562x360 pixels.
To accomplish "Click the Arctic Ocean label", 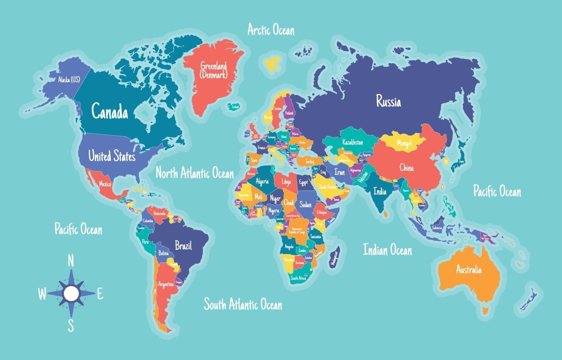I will click(271, 30).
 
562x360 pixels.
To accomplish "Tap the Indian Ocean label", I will click(387, 250).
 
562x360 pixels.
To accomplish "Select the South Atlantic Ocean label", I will click(243, 304).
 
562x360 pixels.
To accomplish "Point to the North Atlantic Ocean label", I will click(195, 173).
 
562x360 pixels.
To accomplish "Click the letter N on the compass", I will click(71, 261).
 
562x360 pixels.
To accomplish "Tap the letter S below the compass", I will click(71, 325).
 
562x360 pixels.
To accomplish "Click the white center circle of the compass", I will click(71, 293).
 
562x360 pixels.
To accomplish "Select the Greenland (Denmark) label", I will click(214, 71).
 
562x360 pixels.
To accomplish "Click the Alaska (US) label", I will click(69, 79).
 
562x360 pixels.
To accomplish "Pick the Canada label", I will click(109, 111).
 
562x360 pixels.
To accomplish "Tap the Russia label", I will click(388, 101).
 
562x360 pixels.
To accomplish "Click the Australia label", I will click(468, 270).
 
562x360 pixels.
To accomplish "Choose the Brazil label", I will click(183, 245).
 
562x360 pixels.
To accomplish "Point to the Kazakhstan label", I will click(352, 142).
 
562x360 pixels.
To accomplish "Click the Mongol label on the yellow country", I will click(404, 143).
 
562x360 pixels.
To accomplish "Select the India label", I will click(380, 191).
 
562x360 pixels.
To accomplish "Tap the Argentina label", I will click(166, 284).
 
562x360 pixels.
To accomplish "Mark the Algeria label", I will click(262, 181).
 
